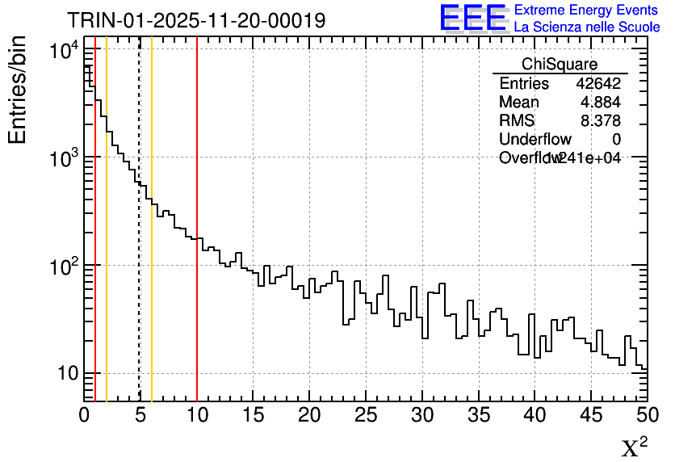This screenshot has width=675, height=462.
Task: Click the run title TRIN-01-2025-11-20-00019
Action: (x=196, y=20)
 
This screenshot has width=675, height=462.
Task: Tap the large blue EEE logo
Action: (x=473, y=17)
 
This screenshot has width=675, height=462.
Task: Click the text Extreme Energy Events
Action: (x=587, y=10)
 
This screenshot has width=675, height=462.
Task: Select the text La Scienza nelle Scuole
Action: (x=587, y=27)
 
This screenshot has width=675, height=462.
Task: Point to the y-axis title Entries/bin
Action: (x=17, y=90)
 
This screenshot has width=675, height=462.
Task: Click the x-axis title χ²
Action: (x=634, y=447)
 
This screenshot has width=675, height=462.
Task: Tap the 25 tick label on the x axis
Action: (x=366, y=415)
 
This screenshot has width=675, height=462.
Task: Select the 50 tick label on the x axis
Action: (x=646, y=415)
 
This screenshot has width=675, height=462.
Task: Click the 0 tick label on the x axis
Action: (x=84, y=415)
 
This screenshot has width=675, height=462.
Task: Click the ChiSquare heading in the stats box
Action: (x=560, y=65)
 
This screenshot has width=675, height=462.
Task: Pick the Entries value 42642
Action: (x=598, y=84)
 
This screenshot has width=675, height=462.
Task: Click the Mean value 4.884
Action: (x=601, y=103)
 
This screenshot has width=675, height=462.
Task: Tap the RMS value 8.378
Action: (x=601, y=121)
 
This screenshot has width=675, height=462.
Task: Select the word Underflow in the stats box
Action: (x=535, y=140)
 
